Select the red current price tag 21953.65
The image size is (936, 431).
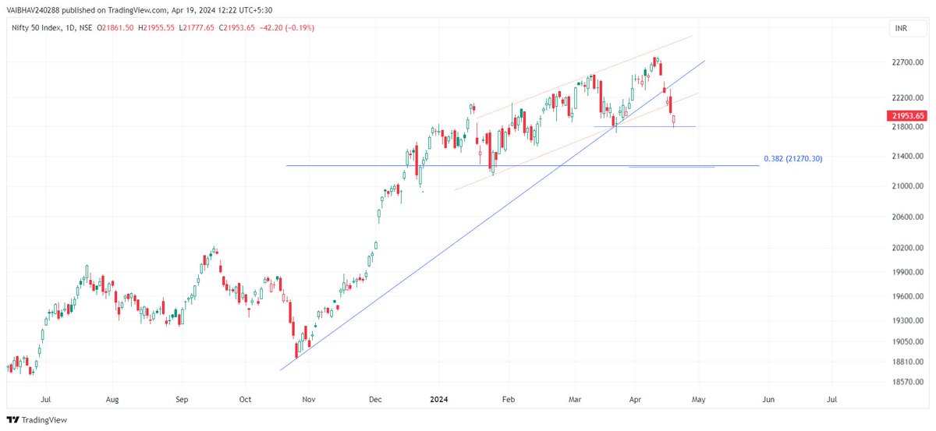909,115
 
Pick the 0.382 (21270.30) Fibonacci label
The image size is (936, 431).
792,159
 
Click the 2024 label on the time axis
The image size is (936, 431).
437,399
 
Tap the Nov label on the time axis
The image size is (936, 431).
308,399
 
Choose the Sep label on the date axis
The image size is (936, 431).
182,399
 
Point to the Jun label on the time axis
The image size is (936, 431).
768,399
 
